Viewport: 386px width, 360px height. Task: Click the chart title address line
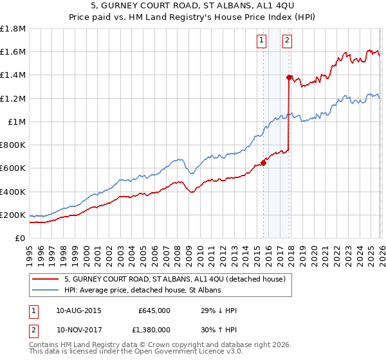(x=193, y=6)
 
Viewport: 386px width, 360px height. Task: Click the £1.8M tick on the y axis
(x=14, y=29)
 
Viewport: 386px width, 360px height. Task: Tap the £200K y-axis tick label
(x=13, y=215)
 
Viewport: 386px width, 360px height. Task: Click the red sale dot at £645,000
(x=264, y=163)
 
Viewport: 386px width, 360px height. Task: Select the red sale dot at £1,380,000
(x=289, y=77)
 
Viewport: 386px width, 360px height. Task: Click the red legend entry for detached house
(x=179, y=279)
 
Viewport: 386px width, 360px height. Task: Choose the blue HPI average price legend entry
(x=142, y=290)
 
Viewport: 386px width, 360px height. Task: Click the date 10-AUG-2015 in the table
(x=78, y=310)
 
